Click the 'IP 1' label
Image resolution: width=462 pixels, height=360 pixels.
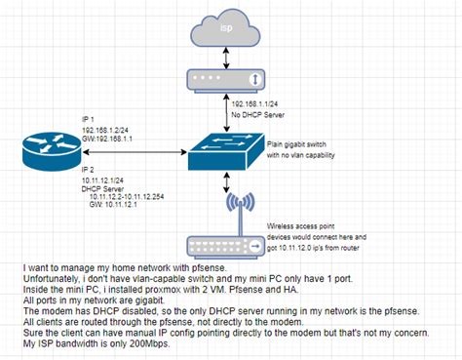88,118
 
